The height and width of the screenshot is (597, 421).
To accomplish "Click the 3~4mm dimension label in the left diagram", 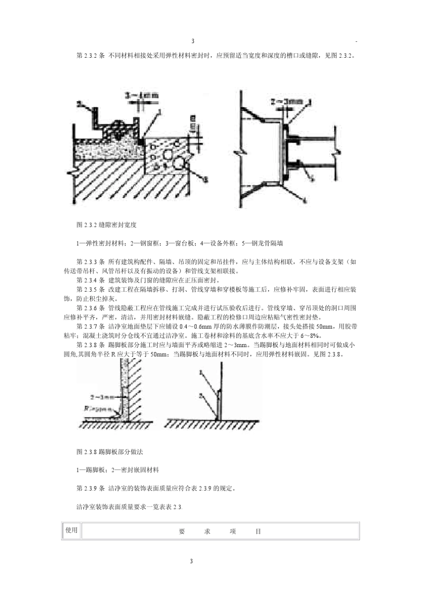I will point(141,95).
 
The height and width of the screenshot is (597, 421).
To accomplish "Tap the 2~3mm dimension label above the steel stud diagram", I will point(287,102).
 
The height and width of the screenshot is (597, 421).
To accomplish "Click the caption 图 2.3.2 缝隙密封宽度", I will point(106,225).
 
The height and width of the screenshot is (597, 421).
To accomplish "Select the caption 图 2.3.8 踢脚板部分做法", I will point(109,452).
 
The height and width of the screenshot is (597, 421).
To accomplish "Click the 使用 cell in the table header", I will point(71,530).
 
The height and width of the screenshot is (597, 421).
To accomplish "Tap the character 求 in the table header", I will point(207,531).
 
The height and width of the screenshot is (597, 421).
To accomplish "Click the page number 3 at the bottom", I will point(191,561).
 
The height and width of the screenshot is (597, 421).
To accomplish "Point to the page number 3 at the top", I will point(193,41).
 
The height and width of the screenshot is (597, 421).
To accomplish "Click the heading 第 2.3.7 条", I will point(90,326).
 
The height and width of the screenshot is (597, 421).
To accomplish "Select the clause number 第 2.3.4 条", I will point(90,280).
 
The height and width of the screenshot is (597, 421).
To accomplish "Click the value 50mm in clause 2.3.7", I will point(325,326).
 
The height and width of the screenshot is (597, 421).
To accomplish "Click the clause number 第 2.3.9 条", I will point(90,488).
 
